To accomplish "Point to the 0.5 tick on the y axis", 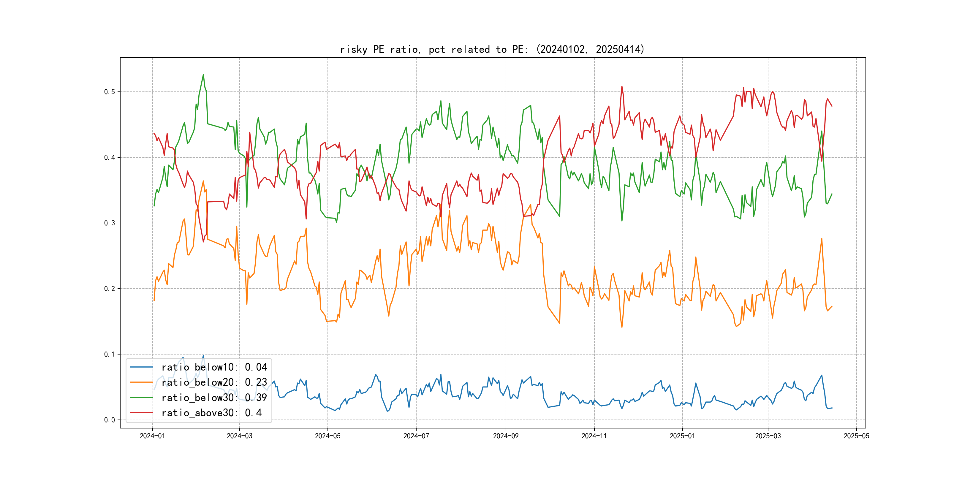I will [110, 92].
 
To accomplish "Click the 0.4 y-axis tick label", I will [110, 158].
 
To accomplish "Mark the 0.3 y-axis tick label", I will [110, 223].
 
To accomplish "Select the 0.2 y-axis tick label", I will [110, 289].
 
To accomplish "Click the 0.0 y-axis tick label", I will [110, 420].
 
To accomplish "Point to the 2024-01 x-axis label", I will [152, 436].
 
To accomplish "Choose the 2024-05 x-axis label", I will [327, 436].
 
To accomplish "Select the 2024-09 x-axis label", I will [506, 436].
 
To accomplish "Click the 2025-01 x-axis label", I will [682, 436].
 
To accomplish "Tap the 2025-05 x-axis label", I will [856, 436].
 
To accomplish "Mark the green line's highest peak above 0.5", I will [203, 75].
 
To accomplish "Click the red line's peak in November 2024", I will [622, 87].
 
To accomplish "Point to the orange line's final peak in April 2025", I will [822, 239].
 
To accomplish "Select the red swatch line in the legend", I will [141, 413].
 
